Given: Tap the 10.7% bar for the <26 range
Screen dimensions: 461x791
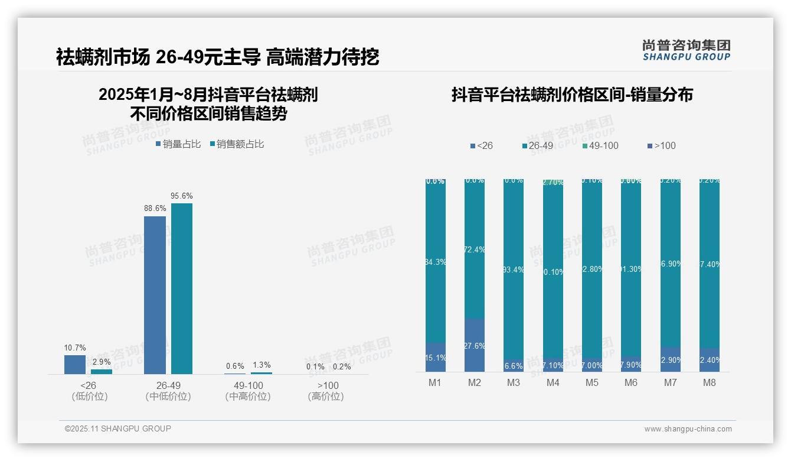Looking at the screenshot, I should tap(75, 364).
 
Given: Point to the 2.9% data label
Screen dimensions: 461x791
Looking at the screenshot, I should tap(102, 362).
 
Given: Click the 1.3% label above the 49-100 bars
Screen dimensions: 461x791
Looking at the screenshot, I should tap(261, 365).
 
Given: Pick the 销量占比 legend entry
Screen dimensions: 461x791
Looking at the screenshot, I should tap(178, 144).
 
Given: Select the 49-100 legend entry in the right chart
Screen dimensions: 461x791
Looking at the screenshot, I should tap(600, 145).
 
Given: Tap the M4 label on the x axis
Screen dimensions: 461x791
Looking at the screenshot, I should tap(553, 382).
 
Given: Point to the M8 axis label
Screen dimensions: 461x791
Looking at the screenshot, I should tap(709, 382).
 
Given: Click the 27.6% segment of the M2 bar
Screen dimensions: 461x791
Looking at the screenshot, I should tap(474, 345).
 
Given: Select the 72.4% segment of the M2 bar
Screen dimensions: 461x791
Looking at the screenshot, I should tap(474, 249).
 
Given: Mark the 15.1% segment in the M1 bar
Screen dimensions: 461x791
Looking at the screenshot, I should tap(436, 358).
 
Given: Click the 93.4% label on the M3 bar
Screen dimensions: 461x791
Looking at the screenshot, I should tap(514, 270).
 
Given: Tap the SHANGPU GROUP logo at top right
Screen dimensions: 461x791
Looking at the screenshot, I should tap(686, 50).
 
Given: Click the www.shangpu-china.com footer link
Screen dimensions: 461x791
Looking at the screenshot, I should tap(688, 429).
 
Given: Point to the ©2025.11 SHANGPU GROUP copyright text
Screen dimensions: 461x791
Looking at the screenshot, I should tap(118, 428).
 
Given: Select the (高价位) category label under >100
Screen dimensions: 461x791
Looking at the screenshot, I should tap(326, 397).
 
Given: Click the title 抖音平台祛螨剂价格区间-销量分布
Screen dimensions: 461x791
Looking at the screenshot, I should tap(572, 95).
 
